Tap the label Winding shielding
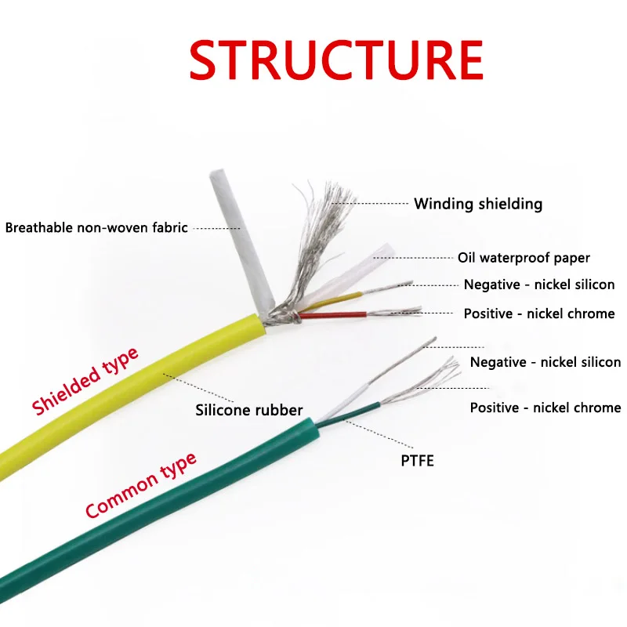click(478, 204)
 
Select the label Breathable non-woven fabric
click(96, 228)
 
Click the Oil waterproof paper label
click(524, 257)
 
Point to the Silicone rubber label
click(248, 410)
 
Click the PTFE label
click(417, 460)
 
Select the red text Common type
click(141, 486)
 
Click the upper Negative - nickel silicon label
click(539, 285)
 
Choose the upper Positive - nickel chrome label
click(539, 313)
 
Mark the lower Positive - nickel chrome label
click(545, 408)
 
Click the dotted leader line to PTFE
click(368, 435)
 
